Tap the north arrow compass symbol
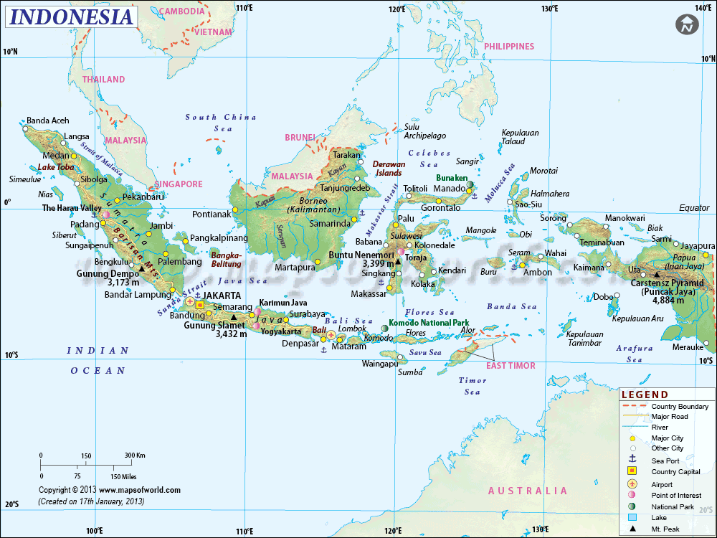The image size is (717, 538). pos(686,24)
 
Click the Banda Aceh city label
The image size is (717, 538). pos(48,121)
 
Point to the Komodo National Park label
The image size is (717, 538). pos(429,323)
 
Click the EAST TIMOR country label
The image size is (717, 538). pos(511,366)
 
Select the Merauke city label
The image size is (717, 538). pos(687,347)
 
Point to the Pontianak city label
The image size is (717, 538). pos(212,214)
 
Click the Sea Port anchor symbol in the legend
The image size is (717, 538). pos(632,460)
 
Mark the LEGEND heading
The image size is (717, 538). pos(645,395)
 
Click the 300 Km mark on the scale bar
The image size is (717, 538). pos(135,456)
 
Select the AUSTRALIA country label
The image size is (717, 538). pos(527,491)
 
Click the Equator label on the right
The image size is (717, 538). pos(694,208)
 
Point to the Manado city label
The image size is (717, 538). pos(450,189)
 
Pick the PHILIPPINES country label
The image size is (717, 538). pos(509,47)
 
